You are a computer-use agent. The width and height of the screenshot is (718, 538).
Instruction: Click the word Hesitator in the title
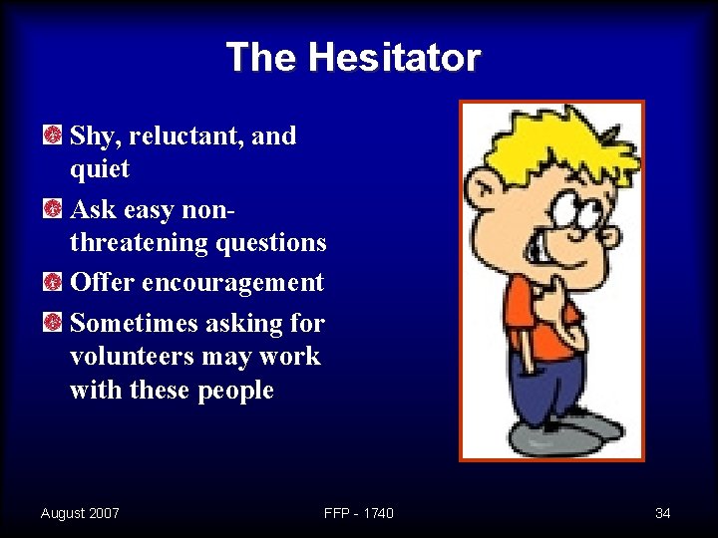point(394,58)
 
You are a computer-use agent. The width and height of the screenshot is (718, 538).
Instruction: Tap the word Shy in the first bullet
point(91,135)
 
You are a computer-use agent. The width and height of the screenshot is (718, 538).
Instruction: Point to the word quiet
point(100,169)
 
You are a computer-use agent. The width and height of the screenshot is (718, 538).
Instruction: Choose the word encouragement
point(232,283)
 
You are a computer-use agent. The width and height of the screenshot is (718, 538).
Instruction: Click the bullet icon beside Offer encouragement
point(53,283)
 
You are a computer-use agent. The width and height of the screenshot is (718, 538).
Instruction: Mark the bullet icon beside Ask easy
point(53,209)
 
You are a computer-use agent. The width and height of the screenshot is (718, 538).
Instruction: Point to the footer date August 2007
point(80,513)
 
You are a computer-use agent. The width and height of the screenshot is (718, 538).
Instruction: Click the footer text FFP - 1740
point(359,513)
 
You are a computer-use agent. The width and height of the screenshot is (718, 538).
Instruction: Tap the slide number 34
point(662,513)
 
